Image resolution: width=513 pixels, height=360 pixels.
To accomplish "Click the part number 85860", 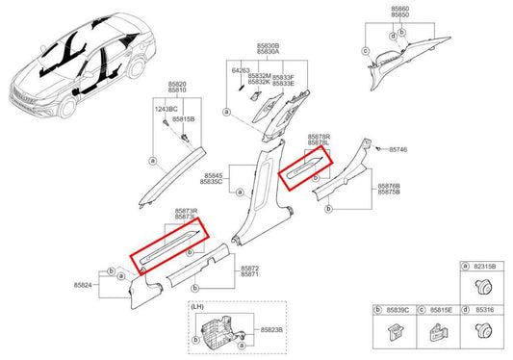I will click(x=400, y=9).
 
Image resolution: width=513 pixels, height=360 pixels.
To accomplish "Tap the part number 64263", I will click(x=241, y=70).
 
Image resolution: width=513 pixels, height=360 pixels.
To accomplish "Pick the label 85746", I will click(x=398, y=151).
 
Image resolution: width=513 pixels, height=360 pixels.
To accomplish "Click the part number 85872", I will click(x=249, y=267).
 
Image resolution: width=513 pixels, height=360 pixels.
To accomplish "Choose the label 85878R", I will click(x=320, y=137).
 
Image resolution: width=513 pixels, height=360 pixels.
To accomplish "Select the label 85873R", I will click(x=187, y=210).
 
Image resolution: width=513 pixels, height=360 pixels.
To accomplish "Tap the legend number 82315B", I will click(x=485, y=266).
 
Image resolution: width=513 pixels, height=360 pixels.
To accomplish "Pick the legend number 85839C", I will click(x=397, y=310).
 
